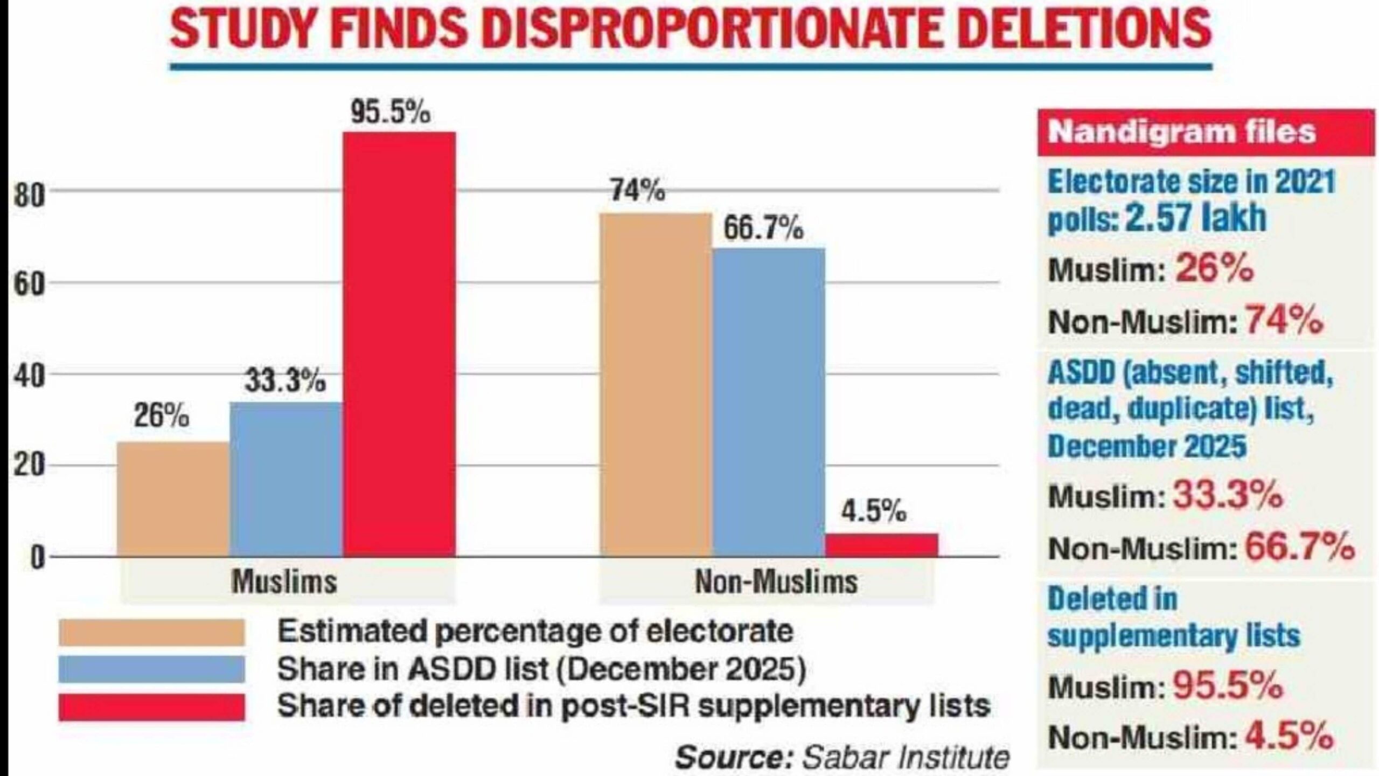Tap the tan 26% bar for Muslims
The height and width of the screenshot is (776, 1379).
tap(173, 498)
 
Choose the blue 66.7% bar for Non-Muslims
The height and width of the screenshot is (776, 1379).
tap(769, 401)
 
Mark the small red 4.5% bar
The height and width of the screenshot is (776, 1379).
tap(882, 544)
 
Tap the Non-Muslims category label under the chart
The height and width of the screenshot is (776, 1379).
tap(776, 583)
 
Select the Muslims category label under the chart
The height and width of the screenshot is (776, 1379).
tap(284, 583)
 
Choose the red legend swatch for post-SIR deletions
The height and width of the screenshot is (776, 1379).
tap(151, 706)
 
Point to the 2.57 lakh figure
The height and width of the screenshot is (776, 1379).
tap(1195, 218)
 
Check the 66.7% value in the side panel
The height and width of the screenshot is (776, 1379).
tap(1299, 546)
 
